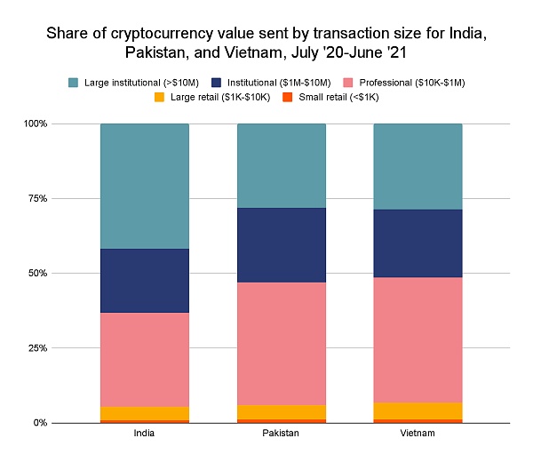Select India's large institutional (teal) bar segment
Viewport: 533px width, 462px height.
(x=145, y=186)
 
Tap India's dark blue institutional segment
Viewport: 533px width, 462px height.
(x=145, y=280)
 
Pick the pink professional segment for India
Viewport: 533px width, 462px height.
(x=145, y=359)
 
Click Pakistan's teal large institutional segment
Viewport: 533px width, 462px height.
(x=282, y=165)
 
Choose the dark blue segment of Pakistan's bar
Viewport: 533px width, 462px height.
(x=282, y=244)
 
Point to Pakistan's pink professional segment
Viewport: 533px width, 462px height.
(x=282, y=343)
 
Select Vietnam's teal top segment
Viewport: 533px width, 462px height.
(x=418, y=166)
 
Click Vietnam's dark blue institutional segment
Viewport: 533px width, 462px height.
(x=418, y=243)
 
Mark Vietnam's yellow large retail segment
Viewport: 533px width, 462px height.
(x=418, y=410)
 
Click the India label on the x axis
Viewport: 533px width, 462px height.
(x=145, y=434)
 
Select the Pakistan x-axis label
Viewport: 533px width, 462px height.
(x=282, y=434)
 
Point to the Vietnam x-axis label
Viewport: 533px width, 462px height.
(x=418, y=434)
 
